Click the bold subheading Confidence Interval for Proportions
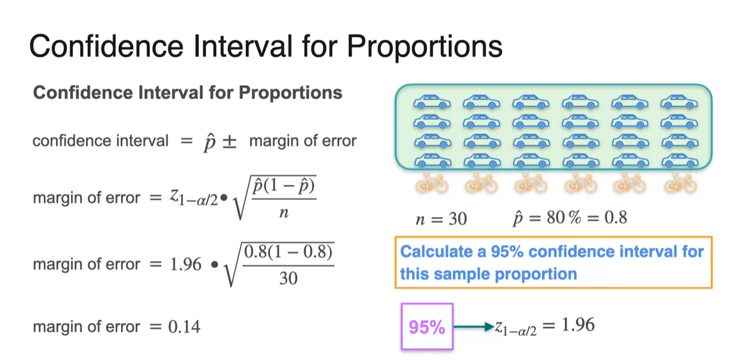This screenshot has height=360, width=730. (x=188, y=93)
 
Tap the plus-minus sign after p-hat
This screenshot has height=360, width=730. (x=228, y=141)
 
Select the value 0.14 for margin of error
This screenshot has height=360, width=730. (x=184, y=327)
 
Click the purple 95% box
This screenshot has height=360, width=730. (x=427, y=327)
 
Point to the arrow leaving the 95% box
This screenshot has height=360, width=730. (x=473, y=327)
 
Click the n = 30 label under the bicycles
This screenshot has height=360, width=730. (x=441, y=219)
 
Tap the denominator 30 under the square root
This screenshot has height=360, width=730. (x=289, y=278)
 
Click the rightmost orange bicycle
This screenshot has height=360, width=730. (x=680, y=184)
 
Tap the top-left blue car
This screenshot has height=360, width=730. (x=432, y=102)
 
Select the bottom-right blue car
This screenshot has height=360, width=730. (x=680, y=161)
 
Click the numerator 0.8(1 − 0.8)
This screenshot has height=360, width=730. (x=289, y=253)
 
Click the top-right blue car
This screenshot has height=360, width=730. (x=680, y=102)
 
